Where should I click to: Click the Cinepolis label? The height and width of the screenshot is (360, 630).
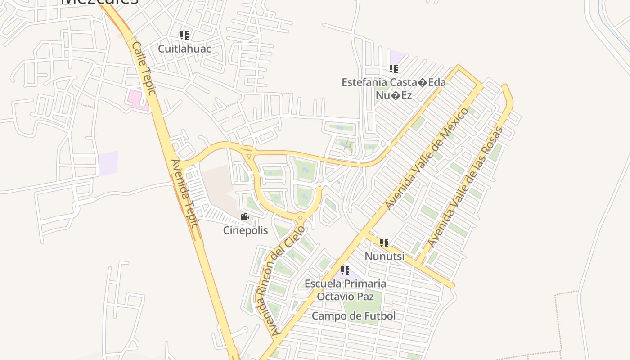click(x=245, y=230)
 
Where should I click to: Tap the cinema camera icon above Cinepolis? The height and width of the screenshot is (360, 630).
click(x=245, y=217)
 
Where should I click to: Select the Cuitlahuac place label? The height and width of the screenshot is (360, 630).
click(x=184, y=48)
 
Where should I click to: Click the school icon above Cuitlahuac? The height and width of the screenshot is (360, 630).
click(x=184, y=35)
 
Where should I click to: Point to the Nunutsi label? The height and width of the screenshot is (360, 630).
click(x=384, y=256)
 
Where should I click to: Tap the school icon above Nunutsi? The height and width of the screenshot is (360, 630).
click(x=384, y=243)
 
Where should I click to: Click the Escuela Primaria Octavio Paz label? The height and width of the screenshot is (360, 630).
click(x=345, y=290)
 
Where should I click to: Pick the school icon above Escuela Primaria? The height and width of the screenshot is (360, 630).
click(x=345, y=270)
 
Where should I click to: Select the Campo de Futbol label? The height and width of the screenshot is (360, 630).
click(x=354, y=316)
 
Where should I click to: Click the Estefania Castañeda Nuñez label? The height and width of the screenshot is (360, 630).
click(x=394, y=89)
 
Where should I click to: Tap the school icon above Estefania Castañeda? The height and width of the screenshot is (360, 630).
click(x=394, y=69)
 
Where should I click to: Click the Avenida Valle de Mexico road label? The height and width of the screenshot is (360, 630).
click(x=427, y=159)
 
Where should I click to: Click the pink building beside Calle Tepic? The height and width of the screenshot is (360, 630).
click(x=137, y=99)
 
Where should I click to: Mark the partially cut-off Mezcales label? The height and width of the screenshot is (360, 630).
click(x=99, y=2)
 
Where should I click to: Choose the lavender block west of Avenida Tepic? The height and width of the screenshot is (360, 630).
click(x=108, y=163)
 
